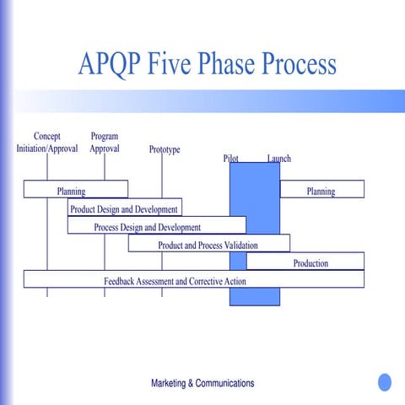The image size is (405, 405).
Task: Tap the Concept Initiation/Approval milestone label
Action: [x=47, y=142]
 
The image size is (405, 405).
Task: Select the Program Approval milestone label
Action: [x=105, y=142]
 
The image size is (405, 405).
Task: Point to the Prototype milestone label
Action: [x=165, y=149]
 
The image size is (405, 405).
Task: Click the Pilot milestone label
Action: [x=231, y=158]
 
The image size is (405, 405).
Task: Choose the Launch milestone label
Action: [x=279, y=158]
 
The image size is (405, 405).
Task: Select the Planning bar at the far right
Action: [x=334, y=191]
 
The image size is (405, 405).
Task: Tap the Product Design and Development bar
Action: [x=124, y=208]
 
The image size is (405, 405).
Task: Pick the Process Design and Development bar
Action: [x=156, y=226]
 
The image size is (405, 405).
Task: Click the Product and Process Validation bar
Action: [x=208, y=245]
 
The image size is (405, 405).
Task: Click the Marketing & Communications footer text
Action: [x=202, y=383]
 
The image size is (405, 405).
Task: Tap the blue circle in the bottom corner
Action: [x=385, y=382]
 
